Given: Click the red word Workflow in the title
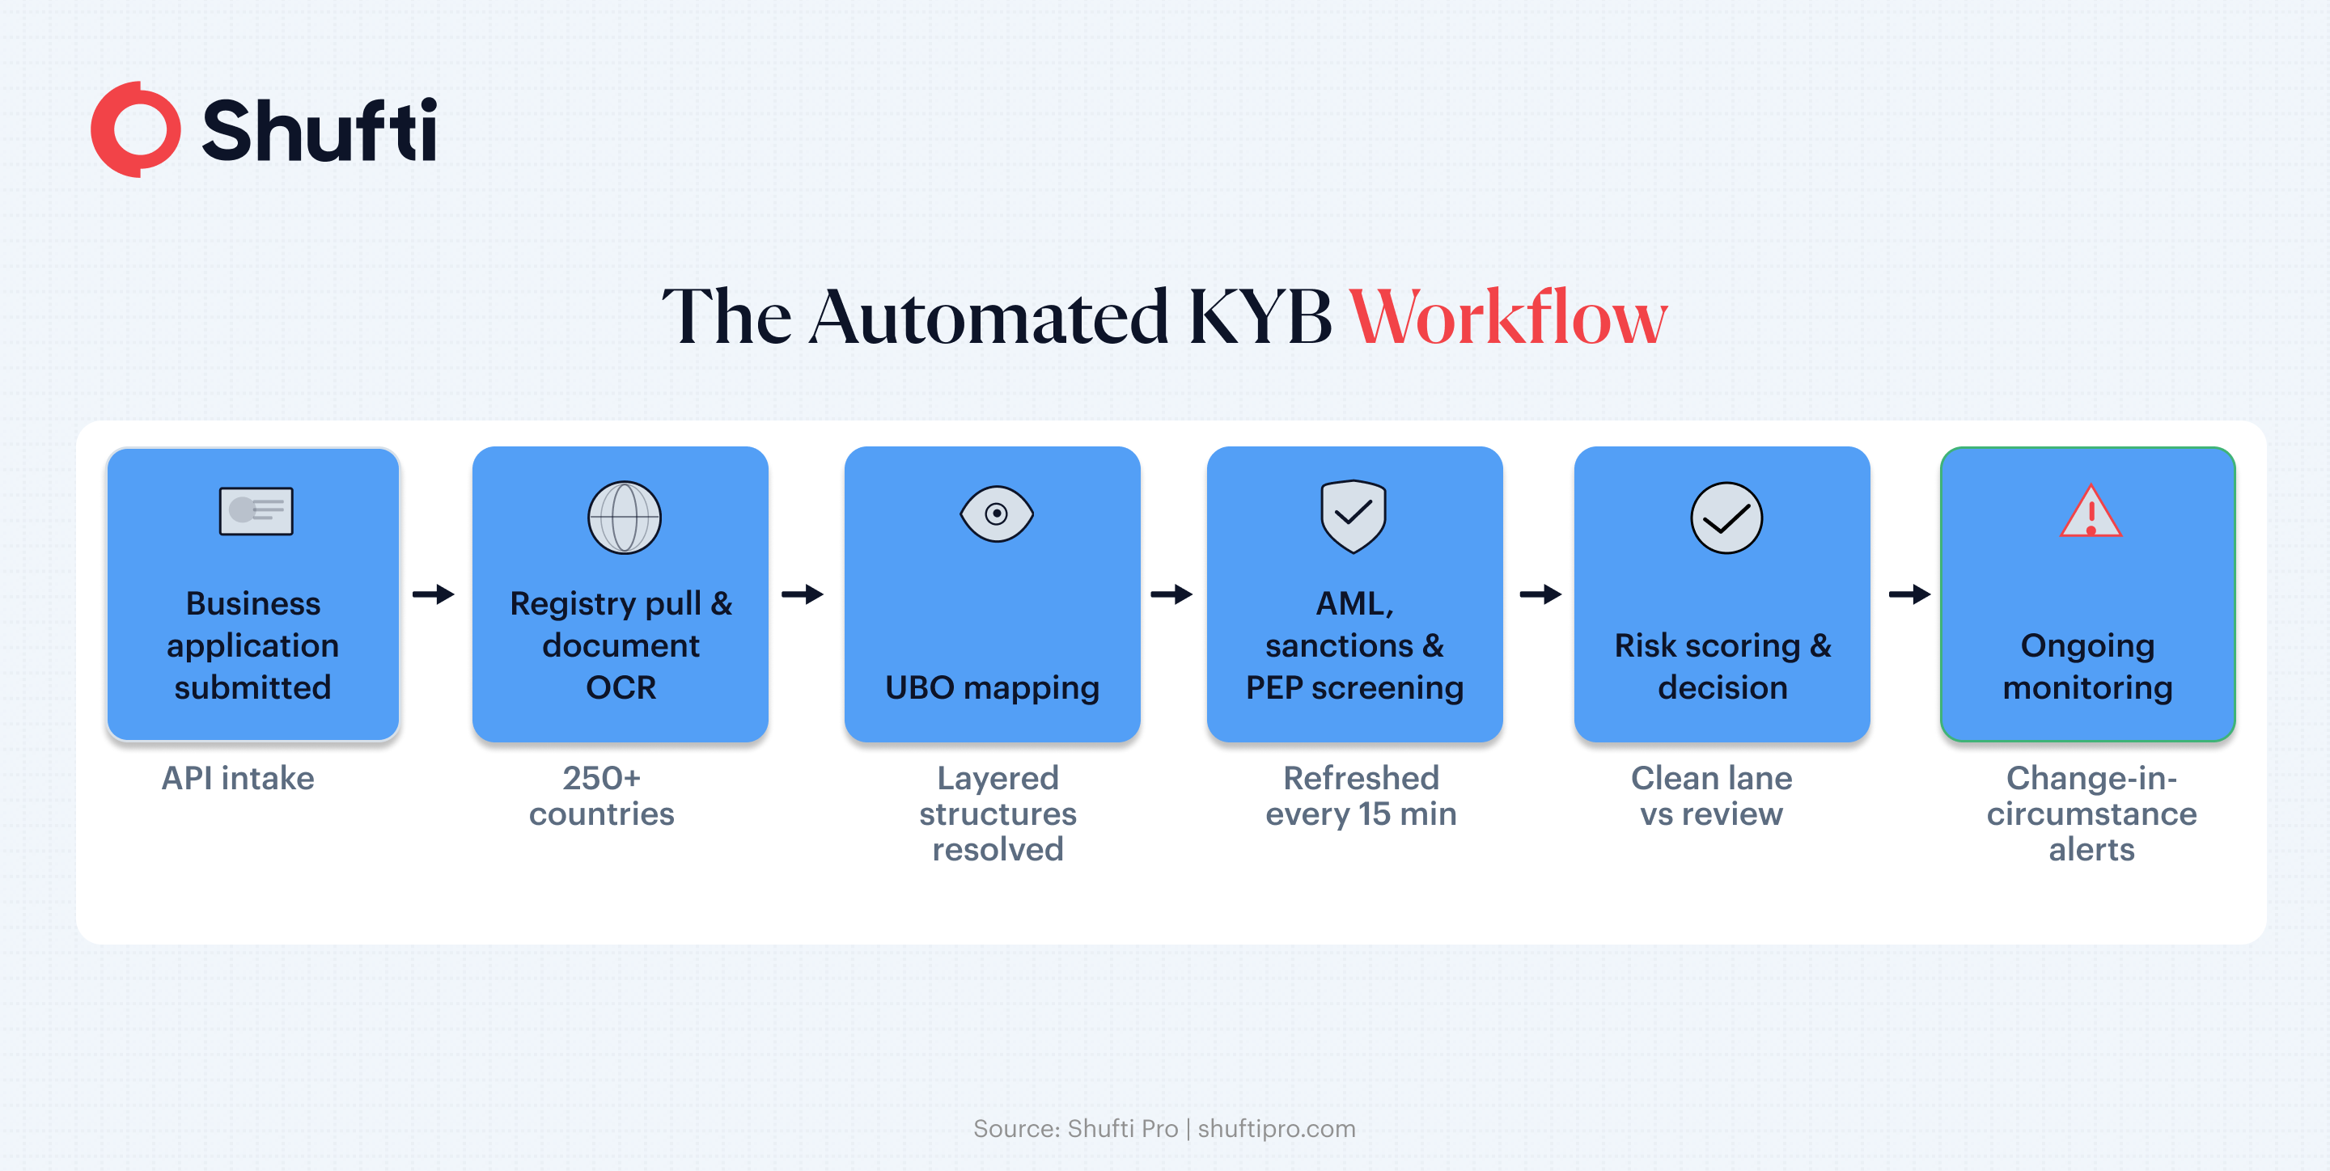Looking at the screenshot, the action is coord(1508,317).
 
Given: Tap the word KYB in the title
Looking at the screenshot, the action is coord(1259,317).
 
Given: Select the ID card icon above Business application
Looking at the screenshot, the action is coord(256,511).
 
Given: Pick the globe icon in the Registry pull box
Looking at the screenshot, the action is coord(624,518).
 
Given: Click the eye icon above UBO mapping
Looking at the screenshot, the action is coord(996,514).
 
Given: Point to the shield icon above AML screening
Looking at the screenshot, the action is coord(1354,516).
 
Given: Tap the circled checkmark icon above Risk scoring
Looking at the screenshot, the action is coord(1726,518).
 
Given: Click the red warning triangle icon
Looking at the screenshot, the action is coord(2091,511).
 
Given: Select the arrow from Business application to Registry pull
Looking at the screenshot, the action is coord(434,594).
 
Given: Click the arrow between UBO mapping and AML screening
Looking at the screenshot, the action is coord(1171,594).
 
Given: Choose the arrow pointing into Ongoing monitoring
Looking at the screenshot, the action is coord(1909,594).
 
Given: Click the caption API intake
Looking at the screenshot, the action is coord(238,778).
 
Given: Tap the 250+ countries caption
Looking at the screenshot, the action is coord(601,796).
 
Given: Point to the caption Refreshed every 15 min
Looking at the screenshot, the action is coord(1360,796).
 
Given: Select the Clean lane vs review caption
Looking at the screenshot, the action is coord(1711,796).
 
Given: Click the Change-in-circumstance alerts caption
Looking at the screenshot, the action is coord(2091,813).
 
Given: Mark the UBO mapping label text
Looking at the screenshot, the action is coord(992,688).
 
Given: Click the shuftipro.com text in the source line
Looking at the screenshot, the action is coord(1277,1128).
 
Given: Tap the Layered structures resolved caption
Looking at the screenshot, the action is coord(998,813).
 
